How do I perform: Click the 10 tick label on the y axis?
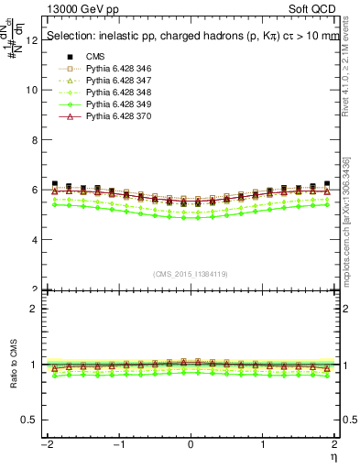coord(33,91)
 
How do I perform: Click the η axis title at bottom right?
coord(334,455)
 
